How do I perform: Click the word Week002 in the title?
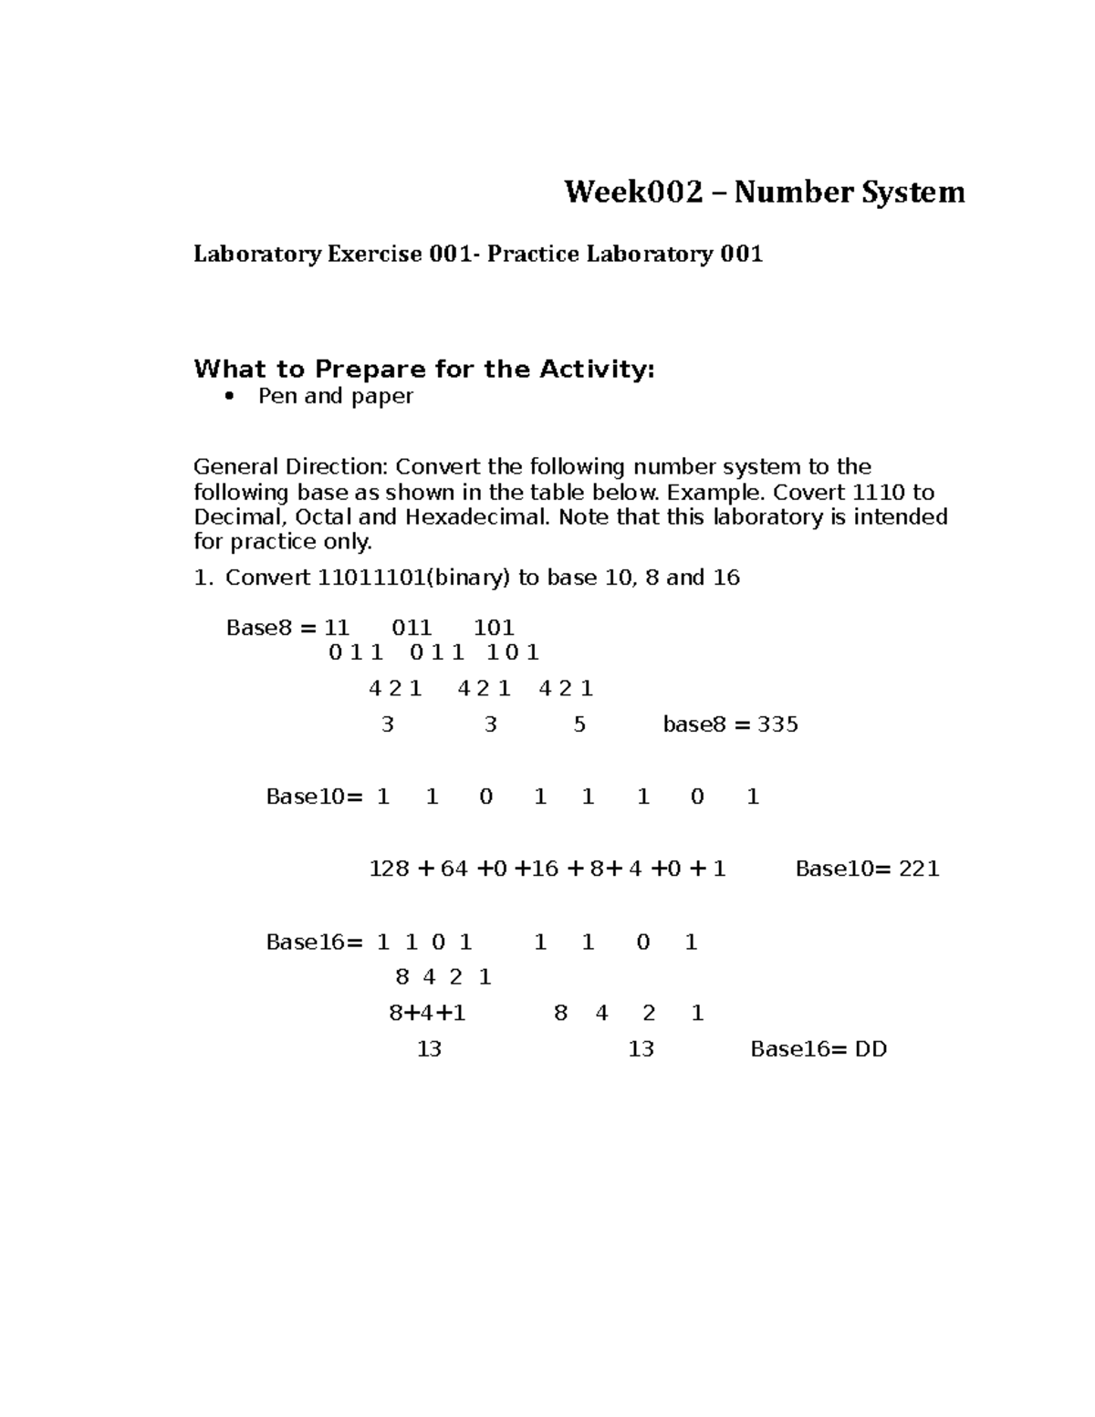pos(634,193)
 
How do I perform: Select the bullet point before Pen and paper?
pos(229,396)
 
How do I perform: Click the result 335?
pos(777,724)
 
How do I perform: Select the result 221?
pos(919,869)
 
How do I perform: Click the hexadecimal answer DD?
pos(871,1049)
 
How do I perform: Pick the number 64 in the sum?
pos(454,869)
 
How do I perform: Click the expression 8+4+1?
pos(427,1014)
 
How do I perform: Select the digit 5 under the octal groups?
pos(579,724)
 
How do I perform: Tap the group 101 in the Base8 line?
pos(494,628)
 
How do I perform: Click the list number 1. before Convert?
pos(203,578)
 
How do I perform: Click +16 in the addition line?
pos(537,869)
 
